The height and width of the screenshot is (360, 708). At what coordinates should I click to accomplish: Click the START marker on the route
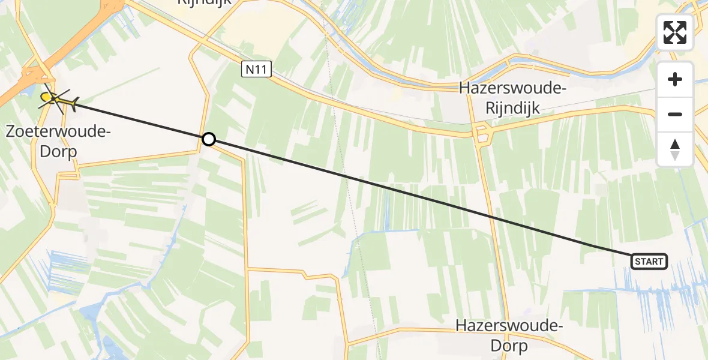tap(649, 261)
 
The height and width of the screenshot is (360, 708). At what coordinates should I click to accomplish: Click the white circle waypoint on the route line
tap(208, 139)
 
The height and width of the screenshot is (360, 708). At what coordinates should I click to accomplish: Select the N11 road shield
tap(257, 70)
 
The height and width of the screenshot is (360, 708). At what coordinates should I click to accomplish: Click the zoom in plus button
tap(675, 79)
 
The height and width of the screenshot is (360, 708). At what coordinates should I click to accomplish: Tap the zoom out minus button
tap(675, 114)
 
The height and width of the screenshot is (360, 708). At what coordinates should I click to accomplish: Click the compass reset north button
tap(675, 149)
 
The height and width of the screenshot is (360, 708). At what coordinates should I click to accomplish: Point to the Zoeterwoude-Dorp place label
tap(58, 141)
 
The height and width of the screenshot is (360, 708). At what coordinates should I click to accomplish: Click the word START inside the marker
tap(649, 262)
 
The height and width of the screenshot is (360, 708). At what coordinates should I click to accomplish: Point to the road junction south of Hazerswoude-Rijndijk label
tap(482, 136)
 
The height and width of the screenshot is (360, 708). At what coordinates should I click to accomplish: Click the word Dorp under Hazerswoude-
tap(509, 346)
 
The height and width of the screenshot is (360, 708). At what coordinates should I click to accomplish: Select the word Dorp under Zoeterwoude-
tap(58, 151)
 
